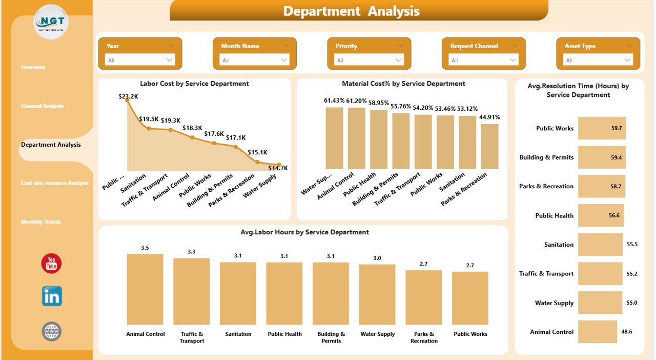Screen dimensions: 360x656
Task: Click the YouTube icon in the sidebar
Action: [51, 264]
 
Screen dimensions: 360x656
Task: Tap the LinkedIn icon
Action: [52, 296]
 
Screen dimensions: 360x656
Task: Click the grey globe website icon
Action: [52, 331]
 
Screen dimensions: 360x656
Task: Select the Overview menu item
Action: [33, 67]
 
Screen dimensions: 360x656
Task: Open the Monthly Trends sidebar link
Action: [41, 222]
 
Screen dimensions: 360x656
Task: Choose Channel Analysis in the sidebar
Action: [42, 106]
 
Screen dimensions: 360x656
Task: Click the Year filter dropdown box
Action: [140, 60]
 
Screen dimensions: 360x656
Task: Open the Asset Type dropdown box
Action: [598, 60]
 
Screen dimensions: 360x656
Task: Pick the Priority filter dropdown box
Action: [369, 60]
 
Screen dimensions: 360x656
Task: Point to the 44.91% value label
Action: [489, 117]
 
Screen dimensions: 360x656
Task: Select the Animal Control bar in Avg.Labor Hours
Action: [145, 289]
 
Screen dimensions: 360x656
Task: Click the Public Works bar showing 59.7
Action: [602, 128]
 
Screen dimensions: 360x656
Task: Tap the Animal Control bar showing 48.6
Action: [598, 332]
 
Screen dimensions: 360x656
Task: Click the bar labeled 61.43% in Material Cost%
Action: [334, 138]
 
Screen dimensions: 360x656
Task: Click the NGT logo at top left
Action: [51, 22]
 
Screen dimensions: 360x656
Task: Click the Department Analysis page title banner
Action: [358, 11]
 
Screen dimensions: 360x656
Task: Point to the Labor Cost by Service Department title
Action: [194, 84]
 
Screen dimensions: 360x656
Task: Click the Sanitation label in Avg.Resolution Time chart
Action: [559, 245]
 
